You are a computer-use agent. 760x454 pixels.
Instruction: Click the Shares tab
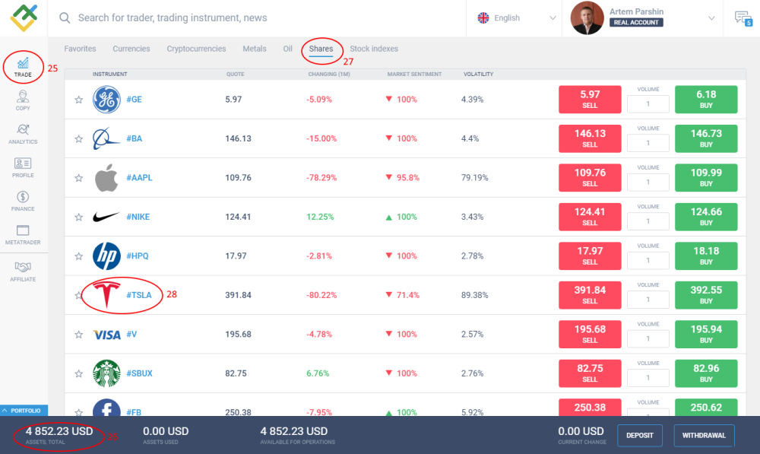(x=321, y=49)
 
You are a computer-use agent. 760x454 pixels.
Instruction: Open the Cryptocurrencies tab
(x=196, y=49)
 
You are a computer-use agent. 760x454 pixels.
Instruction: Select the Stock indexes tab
(x=374, y=49)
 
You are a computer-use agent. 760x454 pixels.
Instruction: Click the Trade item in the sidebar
(x=23, y=67)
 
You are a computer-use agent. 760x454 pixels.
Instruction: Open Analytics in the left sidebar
(x=23, y=134)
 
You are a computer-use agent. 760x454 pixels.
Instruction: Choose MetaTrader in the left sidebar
(x=23, y=234)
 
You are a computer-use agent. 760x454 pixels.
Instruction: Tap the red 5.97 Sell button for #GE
(x=590, y=100)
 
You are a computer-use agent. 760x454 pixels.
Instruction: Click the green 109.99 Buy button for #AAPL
(x=706, y=178)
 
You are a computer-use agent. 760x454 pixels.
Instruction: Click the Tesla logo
(x=106, y=295)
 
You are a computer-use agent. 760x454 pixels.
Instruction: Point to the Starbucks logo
(x=106, y=373)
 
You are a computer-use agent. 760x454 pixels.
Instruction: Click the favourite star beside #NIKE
(x=78, y=217)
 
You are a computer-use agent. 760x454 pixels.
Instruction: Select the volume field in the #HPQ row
(x=648, y=260)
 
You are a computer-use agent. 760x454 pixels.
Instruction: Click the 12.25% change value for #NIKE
(x=321, y=217)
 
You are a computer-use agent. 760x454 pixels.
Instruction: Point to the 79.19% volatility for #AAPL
(x=475, y=178)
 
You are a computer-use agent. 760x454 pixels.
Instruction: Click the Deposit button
(x=639, y=436)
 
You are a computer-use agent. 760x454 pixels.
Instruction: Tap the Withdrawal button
(x=704, y=436)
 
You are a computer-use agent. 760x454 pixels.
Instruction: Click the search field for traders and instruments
(x=258, y=17)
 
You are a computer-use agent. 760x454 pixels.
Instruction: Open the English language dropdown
(x=517, y=17)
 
